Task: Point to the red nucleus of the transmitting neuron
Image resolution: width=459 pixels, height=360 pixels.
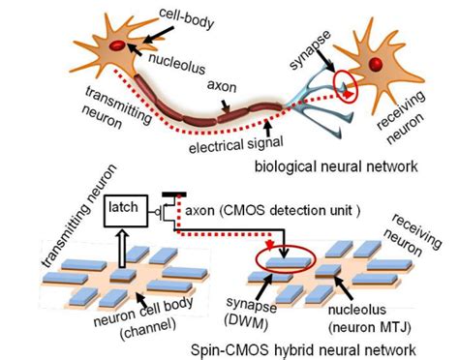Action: pos(115,45)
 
